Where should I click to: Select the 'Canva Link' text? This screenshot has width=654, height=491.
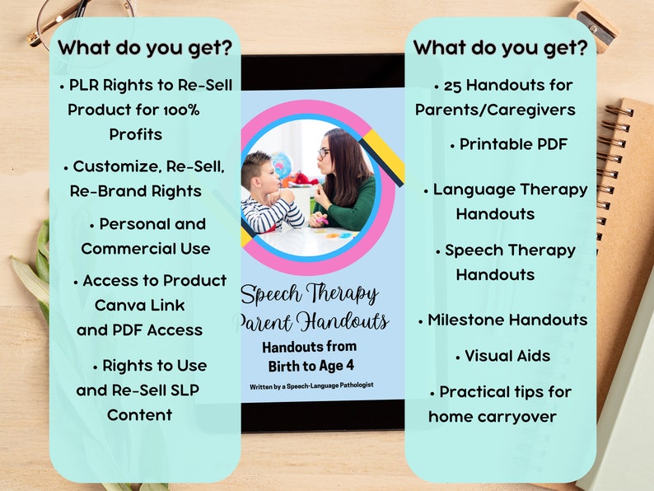(x=140, y=306)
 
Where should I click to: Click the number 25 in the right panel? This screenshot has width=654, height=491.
(x=451, y=85)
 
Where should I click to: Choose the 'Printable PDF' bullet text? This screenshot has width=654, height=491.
(x=513, y=144)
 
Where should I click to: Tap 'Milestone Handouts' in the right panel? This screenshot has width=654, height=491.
(x=507, y=320)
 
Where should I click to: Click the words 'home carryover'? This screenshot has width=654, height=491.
(x=493, y=416)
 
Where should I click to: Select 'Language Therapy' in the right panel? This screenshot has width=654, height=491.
(x=510, y=189)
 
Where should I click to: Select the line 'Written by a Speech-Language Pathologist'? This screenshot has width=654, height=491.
(x=311, y=386)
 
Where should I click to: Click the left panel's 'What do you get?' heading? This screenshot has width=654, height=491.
(x=145, y=48)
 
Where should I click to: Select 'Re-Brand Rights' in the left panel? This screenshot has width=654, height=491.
(x=136, y=191)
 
